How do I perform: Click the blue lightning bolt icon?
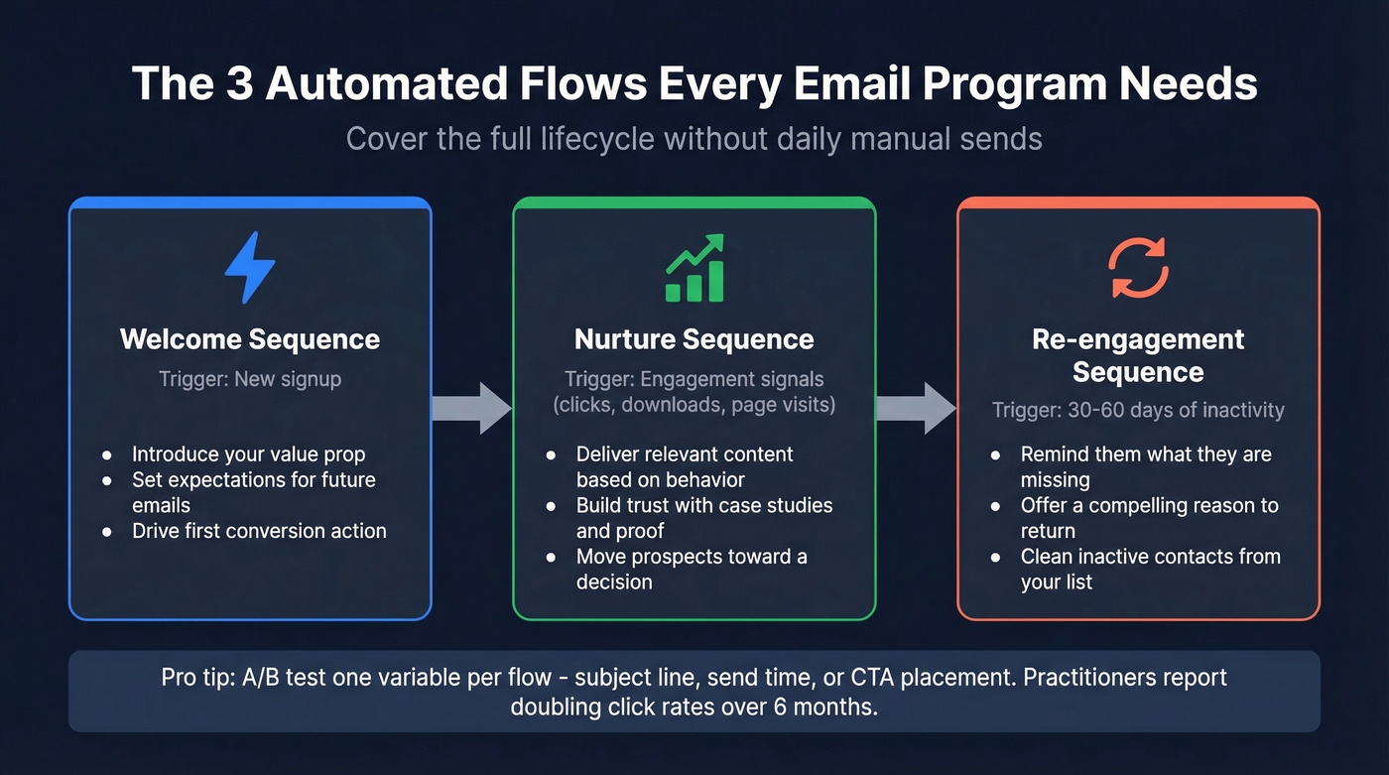pyautogui.click(x=250, y=268)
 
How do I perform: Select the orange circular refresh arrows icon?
pyautogui.click(x=1139, y=268)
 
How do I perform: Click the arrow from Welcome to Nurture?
pyautogui.click(x=472, y=408)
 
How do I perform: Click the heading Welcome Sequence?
pyautogui.click(x=250, y=339)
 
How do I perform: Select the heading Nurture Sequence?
pyautogui.click(x=694, y=339)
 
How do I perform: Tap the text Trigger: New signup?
pyautogui.click(x=250, y=378)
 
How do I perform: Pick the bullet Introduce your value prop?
pyautogui.click(x=249, y=454)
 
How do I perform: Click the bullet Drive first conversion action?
pyautogui.click(x=259, y=531)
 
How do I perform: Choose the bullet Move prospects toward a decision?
pyautogui.click(x=692, y=569)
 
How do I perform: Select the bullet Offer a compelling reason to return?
pyautogui.click(x=1150, y=518)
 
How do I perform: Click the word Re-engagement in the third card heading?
pyautogui.click(x=1138, y=339)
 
